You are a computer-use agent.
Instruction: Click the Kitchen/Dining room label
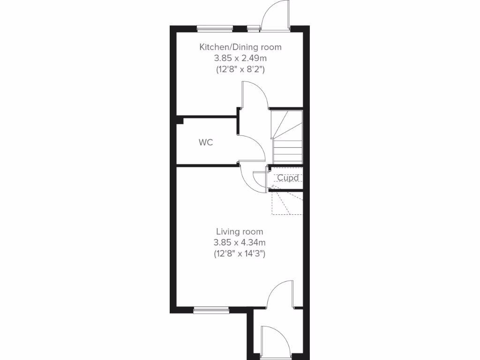(x=240, y=47)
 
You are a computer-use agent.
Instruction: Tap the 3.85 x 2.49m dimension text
(x=240, y=58)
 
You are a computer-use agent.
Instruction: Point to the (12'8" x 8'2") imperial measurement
(x=240, y=69)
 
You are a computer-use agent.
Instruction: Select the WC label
(x=206, y=142)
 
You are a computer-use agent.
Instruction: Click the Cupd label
(x=288, y=178)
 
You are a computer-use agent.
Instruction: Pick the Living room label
(x=240, y=232)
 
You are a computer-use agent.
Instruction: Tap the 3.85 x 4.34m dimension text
(x=240, y=243)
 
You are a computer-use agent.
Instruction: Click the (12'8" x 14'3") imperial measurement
(x=240, y=254)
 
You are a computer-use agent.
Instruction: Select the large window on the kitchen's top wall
(x=215, y=29)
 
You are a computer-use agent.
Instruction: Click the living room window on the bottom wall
(x=211, y=309)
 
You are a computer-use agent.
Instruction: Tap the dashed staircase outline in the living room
(x=287, y=202)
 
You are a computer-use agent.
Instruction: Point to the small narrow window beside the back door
(x=253, y=29)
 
